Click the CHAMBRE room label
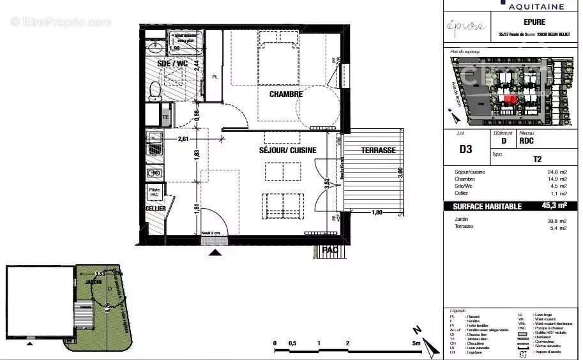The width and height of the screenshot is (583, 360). click(285, 94)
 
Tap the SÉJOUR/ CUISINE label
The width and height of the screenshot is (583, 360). click(287, 150)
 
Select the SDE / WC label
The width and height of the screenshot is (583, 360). click(172, 64)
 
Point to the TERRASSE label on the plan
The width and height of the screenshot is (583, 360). click(378, 151)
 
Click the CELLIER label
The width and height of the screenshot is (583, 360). click(155, 209)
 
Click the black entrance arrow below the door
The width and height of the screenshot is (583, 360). click(216, 252)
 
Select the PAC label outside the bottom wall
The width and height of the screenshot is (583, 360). click(329, 250)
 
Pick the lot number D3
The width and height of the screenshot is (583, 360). click(466, 149)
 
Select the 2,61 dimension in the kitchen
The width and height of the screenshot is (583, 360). click(183, 139)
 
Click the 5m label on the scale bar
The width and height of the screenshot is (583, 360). click(416, 344)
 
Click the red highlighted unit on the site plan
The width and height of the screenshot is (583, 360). click(511, 99)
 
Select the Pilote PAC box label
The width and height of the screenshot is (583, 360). click(155, 191)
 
